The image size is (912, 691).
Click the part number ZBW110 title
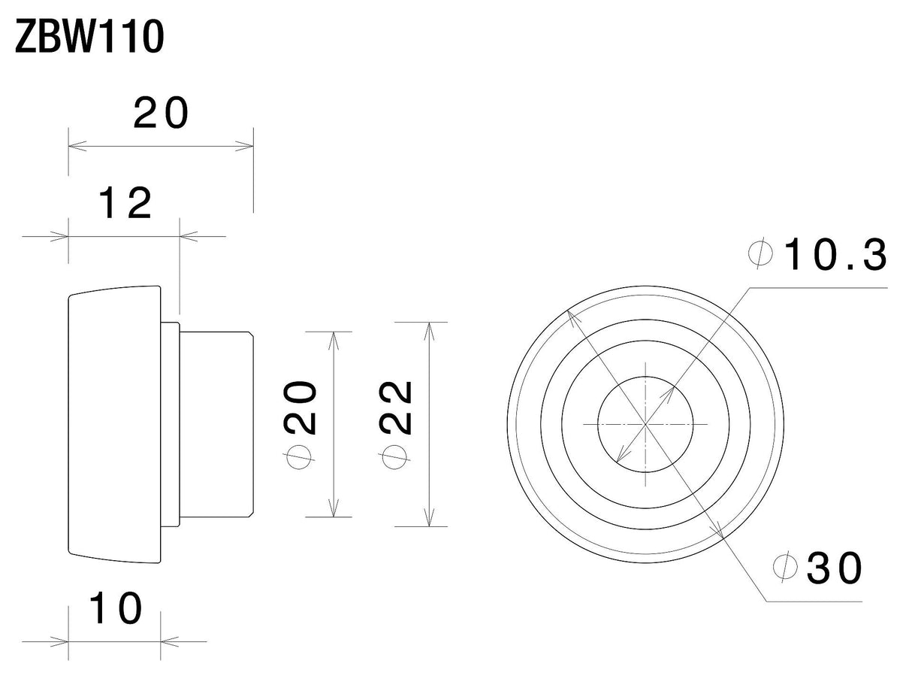pos(89,38)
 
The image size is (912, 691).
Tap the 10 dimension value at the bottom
pos(116,608)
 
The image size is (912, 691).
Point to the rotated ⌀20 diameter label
pos(300,426)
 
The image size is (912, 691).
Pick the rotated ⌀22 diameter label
pos(395,426)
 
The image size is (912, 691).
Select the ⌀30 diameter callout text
pos(817,567)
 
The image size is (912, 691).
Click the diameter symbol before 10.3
pos(760,253)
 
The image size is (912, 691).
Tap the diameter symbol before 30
pos(785,566)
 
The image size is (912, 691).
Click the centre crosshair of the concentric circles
pos(645,425)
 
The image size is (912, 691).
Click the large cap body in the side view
pos(114,425)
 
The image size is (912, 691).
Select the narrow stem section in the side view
pos(216,425)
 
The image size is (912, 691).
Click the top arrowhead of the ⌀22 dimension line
pos(429,332)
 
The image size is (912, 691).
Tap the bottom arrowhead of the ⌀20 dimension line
pos(334,508)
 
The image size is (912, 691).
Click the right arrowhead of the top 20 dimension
pos(244,146)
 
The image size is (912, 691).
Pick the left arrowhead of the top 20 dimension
pos(77,146)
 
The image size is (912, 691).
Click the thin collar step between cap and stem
pos(170,425)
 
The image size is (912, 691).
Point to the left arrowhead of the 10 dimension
pos(59,641)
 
